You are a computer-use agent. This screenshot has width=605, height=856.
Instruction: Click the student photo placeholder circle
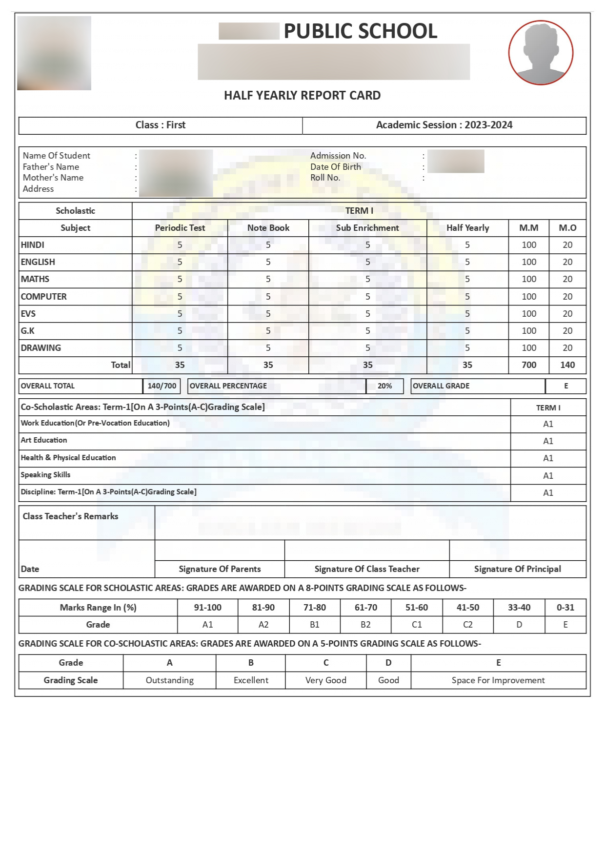click(541, 53)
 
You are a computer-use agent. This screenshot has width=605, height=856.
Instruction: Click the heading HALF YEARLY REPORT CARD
click(302, 96)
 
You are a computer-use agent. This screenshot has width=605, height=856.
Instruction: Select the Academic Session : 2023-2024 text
click(444, 125)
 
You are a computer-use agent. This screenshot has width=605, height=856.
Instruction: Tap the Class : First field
click(161, 125)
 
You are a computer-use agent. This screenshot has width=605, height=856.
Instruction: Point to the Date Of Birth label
click(336, 167)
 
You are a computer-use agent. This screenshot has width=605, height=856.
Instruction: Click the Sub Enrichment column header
click(367, 228)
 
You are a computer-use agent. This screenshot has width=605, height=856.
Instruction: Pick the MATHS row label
click(35, 279)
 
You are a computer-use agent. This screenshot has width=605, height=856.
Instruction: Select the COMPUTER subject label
click(44, 297)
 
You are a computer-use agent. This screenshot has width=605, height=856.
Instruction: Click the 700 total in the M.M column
click(529, 365)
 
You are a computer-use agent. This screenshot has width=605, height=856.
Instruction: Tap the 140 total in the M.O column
click(567, 365)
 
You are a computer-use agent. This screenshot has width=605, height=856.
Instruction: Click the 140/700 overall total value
click(162, 386)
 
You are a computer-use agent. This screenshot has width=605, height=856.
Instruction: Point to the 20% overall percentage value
click(384, 386)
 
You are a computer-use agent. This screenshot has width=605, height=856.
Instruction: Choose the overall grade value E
click(566, 386)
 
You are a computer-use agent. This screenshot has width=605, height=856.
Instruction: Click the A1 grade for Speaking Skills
click(548, 476)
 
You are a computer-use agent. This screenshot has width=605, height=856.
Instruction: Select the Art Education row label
click(44, 440)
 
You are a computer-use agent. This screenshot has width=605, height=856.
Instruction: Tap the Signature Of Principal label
click(517, 569)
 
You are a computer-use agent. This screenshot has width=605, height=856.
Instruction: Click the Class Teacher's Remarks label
click(71, 516)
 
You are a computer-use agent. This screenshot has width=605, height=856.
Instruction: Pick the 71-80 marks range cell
click(315, 608)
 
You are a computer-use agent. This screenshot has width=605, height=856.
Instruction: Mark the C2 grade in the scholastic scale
click(468, 625)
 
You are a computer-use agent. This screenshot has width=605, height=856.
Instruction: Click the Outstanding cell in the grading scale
click(170, 680)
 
